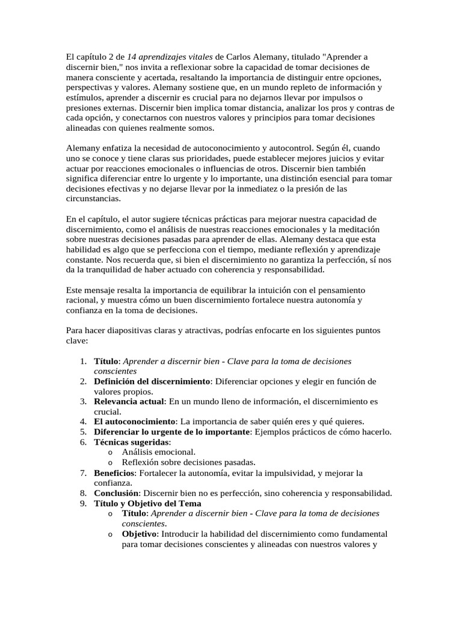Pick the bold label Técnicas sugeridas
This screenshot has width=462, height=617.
pyautogui.click(x=132, y=442)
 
